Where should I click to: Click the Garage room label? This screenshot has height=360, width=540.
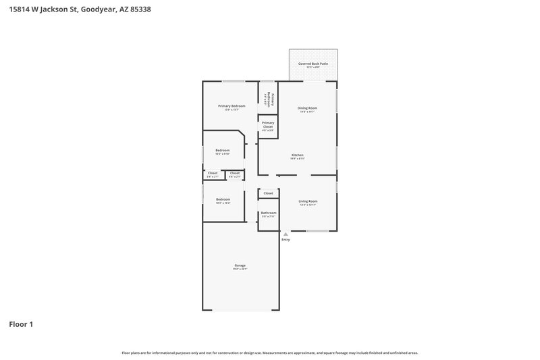[240, 265]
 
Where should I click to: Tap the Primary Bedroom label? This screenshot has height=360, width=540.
[232, 106]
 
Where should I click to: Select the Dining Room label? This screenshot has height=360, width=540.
[307, 108]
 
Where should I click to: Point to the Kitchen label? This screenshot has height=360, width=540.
[298, 155]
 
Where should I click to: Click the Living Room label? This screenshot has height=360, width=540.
[308, 201]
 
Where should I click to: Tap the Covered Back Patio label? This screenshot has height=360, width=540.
[313, 63]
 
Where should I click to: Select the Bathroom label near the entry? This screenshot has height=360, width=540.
[269, 213]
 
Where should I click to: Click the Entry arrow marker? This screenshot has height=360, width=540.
[286, 234]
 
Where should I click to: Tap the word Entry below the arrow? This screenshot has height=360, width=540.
[286, 240]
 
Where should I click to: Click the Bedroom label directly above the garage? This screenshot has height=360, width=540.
[223, 199]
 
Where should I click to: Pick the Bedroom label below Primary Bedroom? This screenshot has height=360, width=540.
[223, 150]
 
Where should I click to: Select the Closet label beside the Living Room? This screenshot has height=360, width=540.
[269, 193]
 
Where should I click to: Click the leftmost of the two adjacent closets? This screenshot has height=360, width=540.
[213, 174]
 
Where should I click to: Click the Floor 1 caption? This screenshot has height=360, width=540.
[21, 324]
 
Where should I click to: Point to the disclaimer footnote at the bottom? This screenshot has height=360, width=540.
[270, 353]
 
